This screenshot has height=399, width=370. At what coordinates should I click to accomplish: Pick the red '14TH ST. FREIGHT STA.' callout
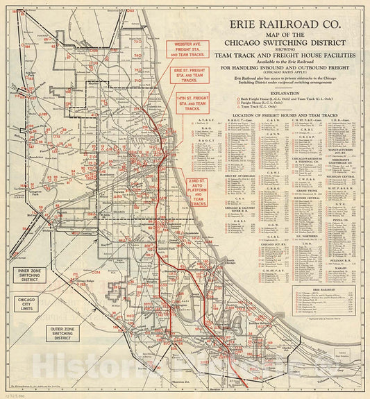[x=194, y=107]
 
